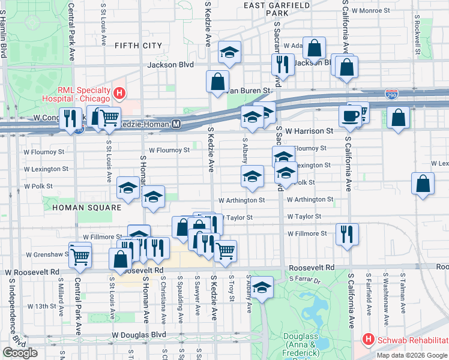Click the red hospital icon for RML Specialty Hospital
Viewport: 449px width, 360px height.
click(x=119, y=94)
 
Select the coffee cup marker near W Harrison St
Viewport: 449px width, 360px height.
click(x=350, y=116)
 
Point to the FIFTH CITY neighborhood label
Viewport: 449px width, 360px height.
click(x=138, y=45)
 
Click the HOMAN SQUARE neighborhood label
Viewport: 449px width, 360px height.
click(x=86, y=207)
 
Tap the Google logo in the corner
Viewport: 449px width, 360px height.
click(x=20, y=353)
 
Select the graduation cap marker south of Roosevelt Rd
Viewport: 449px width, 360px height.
click(x=262, y=287)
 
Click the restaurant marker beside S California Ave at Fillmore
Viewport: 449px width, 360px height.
click(x=347, y=233)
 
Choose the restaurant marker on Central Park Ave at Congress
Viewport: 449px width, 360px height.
click(x=71, y=119)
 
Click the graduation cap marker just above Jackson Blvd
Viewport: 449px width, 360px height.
click(x=229, y=52)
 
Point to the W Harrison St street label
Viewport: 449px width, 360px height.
click(x=309, y=130)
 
